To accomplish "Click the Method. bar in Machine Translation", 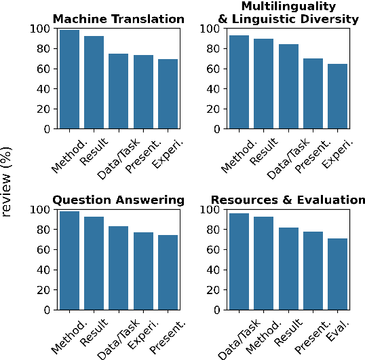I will tap(69, 79).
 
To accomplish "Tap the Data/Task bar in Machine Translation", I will tap(119, 91).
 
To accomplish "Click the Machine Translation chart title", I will tap(119, 19).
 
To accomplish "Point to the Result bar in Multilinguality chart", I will tap(263, 84).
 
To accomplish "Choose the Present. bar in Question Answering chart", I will tap(168, 272).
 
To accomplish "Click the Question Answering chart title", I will tap(119, 200).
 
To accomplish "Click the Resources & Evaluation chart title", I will tap(288, 200).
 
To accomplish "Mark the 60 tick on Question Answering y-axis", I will tap(45, 249).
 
